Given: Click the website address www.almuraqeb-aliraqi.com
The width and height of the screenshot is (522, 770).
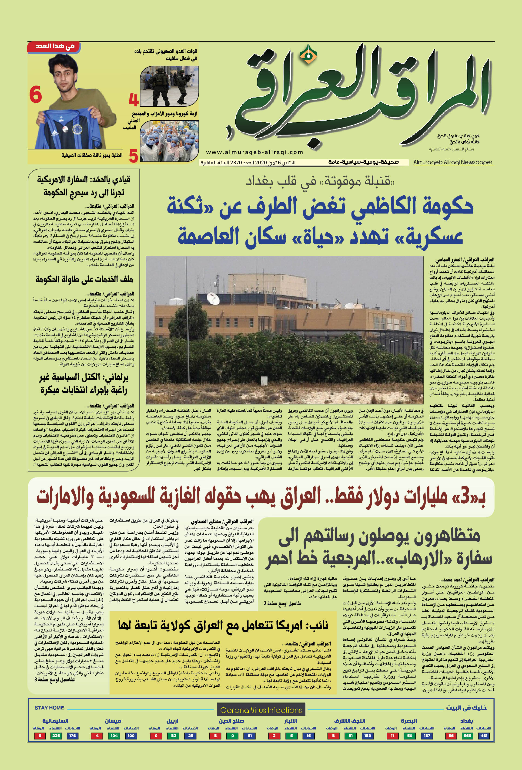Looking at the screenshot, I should (254, 152).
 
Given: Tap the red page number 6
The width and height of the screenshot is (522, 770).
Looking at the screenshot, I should (35, 95).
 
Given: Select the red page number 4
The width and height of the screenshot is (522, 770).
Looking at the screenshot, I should (133, 99).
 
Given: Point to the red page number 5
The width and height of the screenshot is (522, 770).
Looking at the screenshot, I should (133, 156).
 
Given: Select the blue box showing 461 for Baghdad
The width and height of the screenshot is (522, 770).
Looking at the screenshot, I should (484, 736).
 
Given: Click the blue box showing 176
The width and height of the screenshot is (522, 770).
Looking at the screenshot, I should (73, 736).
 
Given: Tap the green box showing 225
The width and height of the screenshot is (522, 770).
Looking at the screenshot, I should (56, 736).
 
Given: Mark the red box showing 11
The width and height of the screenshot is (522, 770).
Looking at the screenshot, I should (392, 736).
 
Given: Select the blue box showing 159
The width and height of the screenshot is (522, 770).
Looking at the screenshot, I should (367, 736).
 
